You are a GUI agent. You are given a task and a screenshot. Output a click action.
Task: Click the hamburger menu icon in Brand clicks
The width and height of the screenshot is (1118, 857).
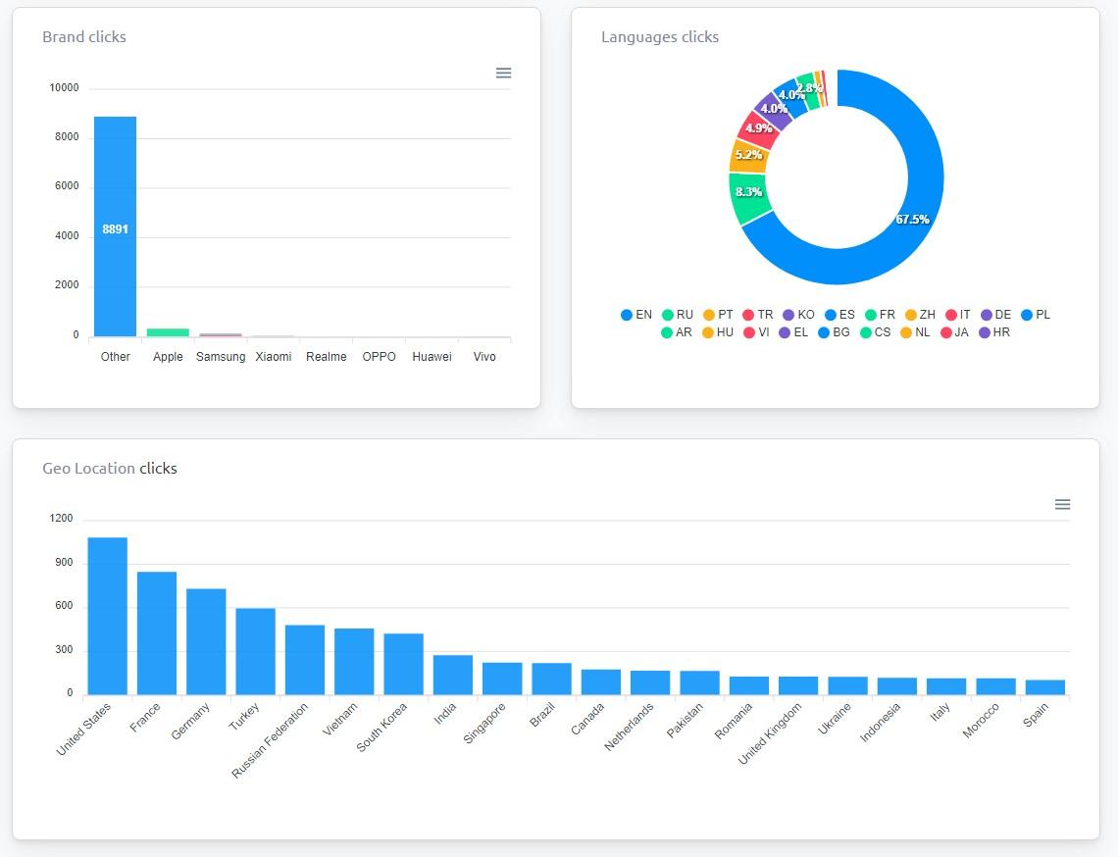click(503, 74)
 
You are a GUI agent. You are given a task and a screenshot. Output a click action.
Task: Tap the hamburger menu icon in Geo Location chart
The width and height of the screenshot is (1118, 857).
click(1062, 505)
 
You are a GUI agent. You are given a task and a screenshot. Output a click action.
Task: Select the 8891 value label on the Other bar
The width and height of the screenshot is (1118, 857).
click(116, 229)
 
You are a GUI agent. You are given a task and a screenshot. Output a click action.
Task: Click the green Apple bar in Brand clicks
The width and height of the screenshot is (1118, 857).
click(168, 332)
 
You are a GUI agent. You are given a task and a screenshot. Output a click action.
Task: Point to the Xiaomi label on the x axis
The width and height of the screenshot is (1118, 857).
click(274, 357)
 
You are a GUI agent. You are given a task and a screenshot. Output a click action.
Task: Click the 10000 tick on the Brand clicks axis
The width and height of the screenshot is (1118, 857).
click(64, 88)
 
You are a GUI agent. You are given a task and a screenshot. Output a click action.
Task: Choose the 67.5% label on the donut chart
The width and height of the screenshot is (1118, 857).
click(912, 220)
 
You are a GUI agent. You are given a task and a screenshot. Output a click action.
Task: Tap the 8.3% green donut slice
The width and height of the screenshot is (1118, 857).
click(749, 193)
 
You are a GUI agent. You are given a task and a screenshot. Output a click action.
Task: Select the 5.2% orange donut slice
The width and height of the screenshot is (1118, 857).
click(748, 155)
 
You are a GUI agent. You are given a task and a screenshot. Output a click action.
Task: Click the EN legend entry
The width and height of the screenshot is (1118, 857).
click(636, 315)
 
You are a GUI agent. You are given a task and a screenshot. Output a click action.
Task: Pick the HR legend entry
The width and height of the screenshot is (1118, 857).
click(994, 332)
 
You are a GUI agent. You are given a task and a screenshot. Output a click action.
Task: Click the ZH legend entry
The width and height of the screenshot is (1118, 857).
click(920, 315)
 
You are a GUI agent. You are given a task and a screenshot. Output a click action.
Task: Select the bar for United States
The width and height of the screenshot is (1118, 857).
click(107, 616)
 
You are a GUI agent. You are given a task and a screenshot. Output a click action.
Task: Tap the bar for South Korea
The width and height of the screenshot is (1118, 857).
click(403, 664)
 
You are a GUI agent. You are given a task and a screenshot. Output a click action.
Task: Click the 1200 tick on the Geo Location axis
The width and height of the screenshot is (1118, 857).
click(62, 519)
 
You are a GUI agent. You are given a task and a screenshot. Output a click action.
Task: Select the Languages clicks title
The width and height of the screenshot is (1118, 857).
click(660, 37)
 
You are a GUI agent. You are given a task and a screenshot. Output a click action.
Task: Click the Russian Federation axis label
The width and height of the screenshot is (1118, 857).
click(270, 740)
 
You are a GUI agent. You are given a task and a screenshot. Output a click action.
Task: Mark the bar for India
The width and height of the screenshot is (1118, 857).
click(453, 675)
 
